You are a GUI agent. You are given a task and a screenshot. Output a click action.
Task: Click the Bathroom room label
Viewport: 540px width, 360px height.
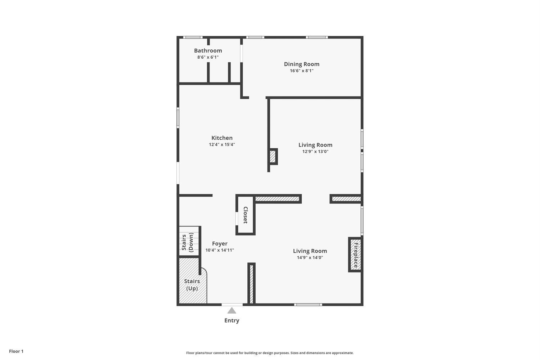pyautogui.click(x=208, y=51)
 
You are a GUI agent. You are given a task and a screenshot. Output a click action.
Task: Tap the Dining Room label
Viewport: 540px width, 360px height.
pyautogui.click(x=301, y=64)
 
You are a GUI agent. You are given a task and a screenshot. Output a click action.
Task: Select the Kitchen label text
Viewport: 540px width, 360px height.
pyautogui.click(x=222, y=138)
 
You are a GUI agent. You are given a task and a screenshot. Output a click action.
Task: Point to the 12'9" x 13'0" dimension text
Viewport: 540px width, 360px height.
pyautogui.click(x=315, y=152)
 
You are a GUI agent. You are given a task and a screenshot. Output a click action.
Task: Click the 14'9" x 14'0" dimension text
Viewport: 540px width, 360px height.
pyautogui.click(x=310, y=258)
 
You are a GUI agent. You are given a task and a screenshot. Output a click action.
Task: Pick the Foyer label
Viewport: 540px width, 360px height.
pyautogui.click(x=220, y=244)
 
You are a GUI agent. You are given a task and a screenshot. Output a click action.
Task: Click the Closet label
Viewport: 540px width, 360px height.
pyautogui.click(x=246, y=215)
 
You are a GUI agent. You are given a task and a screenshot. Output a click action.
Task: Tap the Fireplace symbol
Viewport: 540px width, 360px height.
pyautogui.click(x=355, y=255)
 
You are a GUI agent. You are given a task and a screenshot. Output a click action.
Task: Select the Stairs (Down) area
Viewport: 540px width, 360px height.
pyautogui.click(x=189, y=241)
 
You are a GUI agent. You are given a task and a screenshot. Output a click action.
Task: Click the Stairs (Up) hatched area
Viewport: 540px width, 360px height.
pyautogui.click(x=192, y=285)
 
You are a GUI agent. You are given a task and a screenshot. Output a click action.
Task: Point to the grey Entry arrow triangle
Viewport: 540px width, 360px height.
pyautogui.click(x=232, y=311)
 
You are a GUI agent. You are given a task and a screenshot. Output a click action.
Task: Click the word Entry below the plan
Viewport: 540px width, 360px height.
pyautogui.click(x=231, y=320)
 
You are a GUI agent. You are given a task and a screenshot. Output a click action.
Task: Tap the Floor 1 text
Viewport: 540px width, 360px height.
pyautogui.click(x=16, y=351)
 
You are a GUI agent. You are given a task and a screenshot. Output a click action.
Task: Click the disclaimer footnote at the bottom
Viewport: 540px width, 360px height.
pyautogui.click(x=270, y=353)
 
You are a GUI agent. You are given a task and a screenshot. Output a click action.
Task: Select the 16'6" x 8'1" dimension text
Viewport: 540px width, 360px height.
pyautogui.click(x=301, y=71)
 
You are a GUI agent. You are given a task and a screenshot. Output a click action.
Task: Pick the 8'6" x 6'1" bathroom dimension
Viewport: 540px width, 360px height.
pyautogui.click(x=208, y=57)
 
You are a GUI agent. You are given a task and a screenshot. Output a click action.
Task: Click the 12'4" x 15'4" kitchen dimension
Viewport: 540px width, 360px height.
pyautogui.click(x=222, y=145)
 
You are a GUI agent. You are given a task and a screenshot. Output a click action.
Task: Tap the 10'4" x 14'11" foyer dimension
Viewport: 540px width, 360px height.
pyautogui.click(x=220, y=250)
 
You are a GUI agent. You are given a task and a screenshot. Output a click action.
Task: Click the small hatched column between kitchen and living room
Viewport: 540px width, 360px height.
pyautogui.click(x=273, y=157)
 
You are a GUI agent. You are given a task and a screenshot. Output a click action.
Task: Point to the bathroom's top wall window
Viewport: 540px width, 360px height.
pyautogui.click(x=193, y=37)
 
